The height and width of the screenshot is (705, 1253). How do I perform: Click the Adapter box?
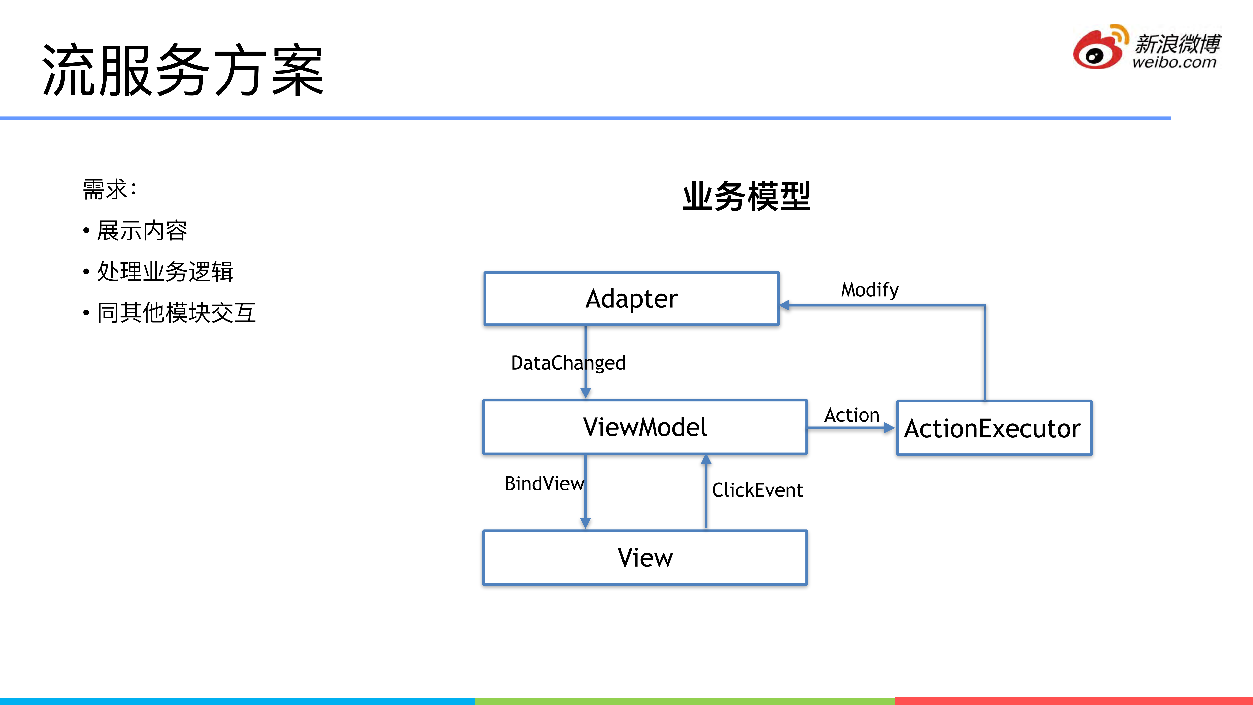[x=631, y=298]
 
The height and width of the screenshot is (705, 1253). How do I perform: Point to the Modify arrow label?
[x=870, y=290]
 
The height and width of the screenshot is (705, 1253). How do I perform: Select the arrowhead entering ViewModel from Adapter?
[x=586, y=393]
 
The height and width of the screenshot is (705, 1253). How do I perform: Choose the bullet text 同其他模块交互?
[x=176, y=312]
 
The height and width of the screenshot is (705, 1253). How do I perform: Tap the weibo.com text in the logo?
[x=1174, y=62]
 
